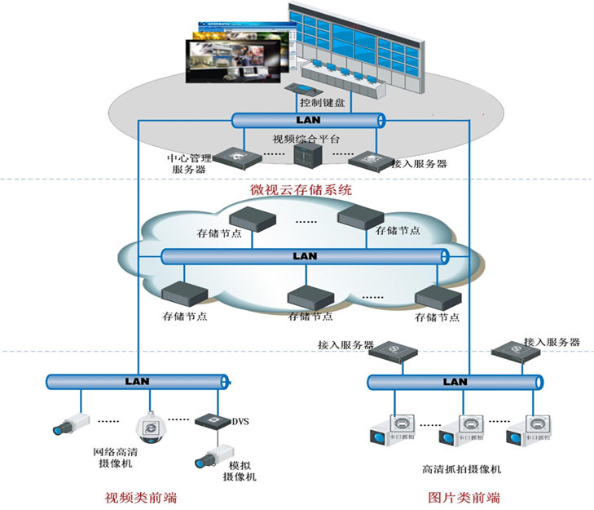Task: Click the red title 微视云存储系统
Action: [x=301, y=190]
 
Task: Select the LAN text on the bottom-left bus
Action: [x=137, y=381]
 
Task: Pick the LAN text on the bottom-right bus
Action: [x=455, y=381]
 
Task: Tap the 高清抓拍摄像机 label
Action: [x=461, y=469]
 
